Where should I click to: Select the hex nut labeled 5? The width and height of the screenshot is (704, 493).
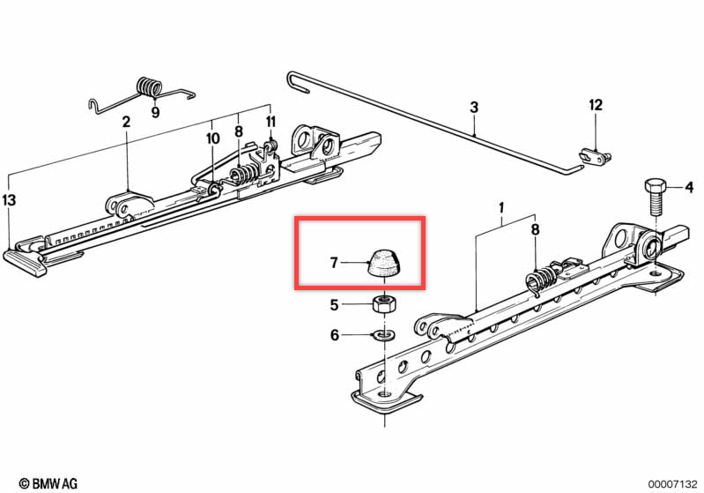[x=384, y=304]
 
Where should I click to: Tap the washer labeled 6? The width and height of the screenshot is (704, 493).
[x=384, y=335]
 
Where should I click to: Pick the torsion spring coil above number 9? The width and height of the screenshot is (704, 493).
[x=149, y=86]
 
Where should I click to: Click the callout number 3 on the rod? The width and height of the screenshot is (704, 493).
[x=474, y=108]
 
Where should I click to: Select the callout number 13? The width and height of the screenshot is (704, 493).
[x=9, y=200]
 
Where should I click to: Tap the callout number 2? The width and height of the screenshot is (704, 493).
[x=126, y=122]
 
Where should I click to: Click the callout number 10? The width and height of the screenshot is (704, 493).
[x=212, y=138]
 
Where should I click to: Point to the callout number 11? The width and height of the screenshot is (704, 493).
[x=270, y=122]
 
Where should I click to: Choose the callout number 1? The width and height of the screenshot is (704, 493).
[x=501, y=207]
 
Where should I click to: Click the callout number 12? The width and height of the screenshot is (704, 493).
[x=596, y=105]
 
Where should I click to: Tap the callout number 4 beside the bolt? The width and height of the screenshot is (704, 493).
[x=689, y=186]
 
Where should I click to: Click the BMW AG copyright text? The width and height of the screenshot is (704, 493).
[x=48, y=483]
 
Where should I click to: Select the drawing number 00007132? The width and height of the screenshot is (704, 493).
[x=672, y=484]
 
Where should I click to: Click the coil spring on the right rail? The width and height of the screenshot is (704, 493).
[x=542, y=280]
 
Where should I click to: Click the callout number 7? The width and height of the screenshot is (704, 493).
[x=334, y=263]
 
